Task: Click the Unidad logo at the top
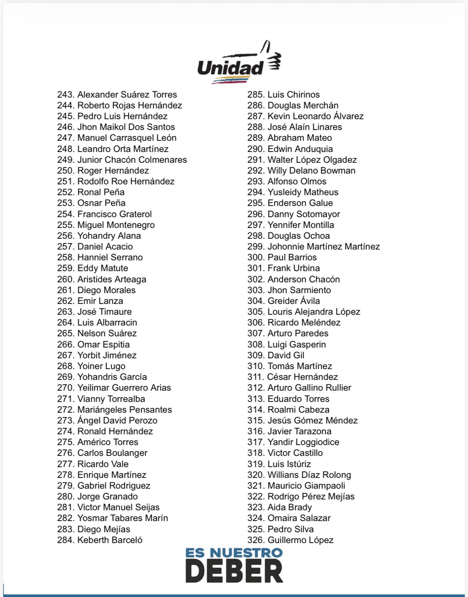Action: pos(239,63)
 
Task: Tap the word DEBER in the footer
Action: pos(234,571)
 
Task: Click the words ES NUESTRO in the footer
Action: pos(234,553)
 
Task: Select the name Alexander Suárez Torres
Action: pos(127,95)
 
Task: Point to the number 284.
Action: pos(66,540)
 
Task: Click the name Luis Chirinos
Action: pos(294,95)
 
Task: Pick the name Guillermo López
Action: pos(300,540)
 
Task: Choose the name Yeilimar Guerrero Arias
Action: pos(124,388)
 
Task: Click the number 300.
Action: pos(256,258)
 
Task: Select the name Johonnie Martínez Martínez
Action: pos(324,247)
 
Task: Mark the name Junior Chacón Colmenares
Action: pos(132,160)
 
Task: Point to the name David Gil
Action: pos(286,355)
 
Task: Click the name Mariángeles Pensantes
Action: pos(124,410)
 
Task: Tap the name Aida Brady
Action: pos(290,507)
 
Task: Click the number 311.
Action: pos(255,377)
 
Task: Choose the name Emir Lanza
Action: pos(100,301)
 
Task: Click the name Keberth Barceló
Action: pos(110,540)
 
